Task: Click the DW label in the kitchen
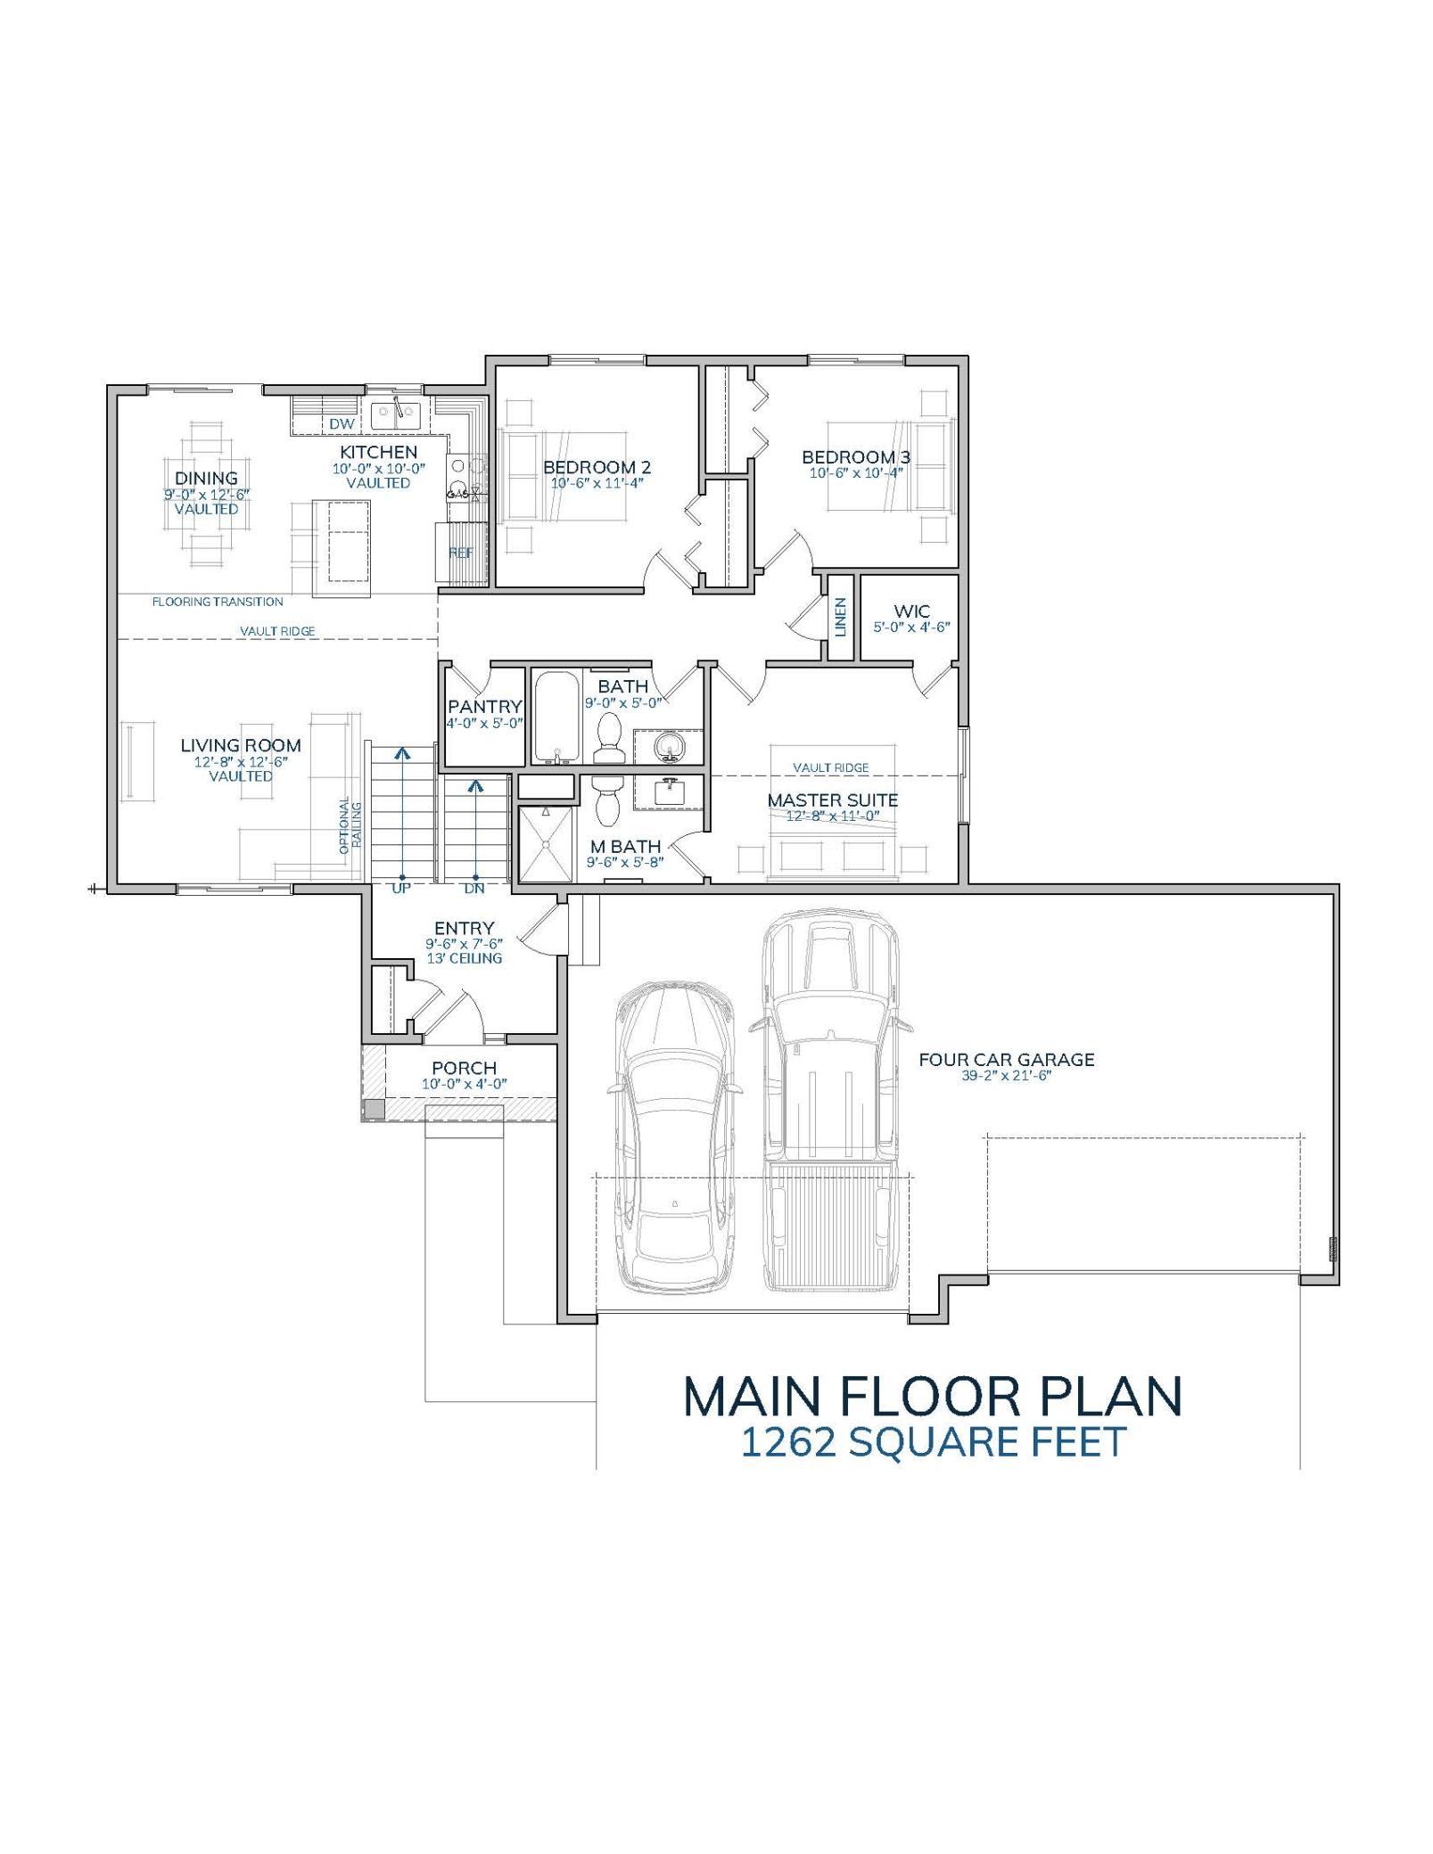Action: click(x=342, y=424)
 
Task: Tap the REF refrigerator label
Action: click(x=461, y=553)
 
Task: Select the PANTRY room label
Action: click(x=484, y=707)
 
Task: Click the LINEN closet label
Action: click(x=841, y=617)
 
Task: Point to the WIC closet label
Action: click(x=911, y=611)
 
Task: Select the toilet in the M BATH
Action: click(x=608, y=801)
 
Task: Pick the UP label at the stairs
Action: click(x=401, y=889)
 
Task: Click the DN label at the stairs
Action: click(x=474, y=889)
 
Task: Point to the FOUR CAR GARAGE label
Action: click(x=1006, y=1060)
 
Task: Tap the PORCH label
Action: click(x=464, y=1068)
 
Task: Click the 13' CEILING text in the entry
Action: click(x=464, y=958)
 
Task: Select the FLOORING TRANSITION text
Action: click(x=218, y=602)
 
